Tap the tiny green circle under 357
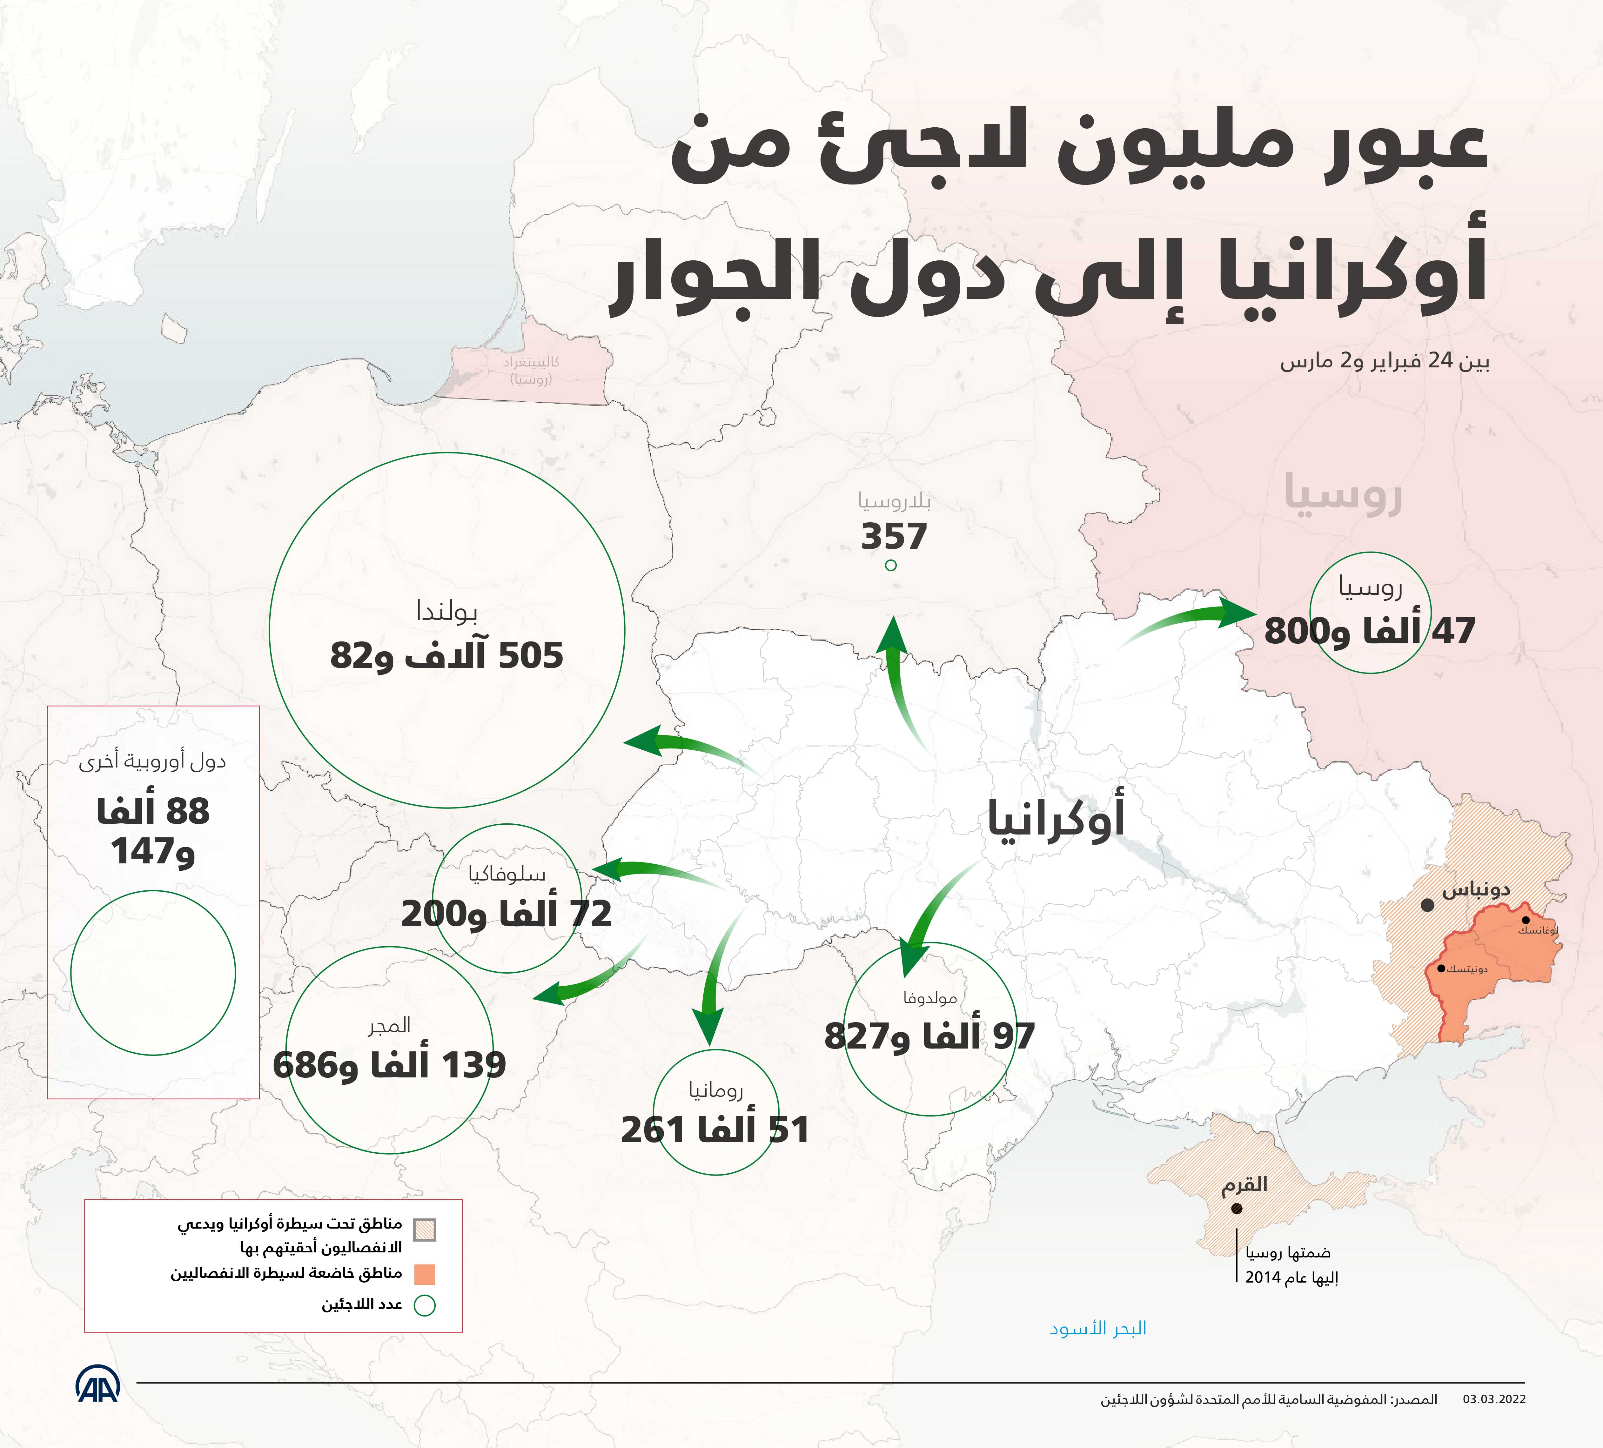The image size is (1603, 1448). coord(890,565)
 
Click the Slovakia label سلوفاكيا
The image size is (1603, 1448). coord(506,874)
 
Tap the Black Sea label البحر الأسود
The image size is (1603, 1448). coord(1098,1328)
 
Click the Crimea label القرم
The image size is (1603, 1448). coord(1244,1185)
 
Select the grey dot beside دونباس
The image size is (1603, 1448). coord(1428,905)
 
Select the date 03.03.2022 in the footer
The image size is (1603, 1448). coord(1494,1422)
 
